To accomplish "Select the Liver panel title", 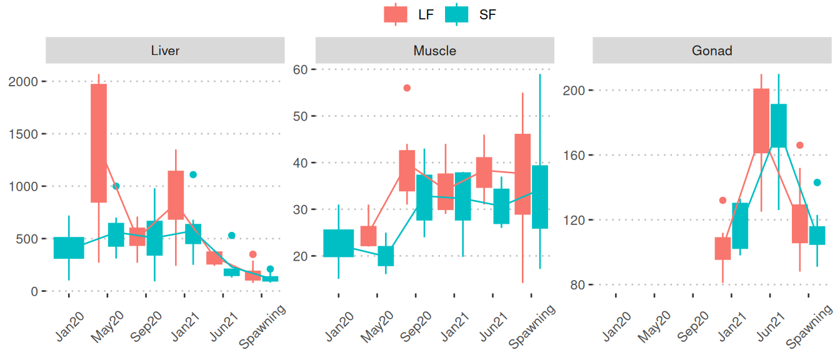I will [x=165, y=51].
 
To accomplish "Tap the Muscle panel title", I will [x=435, y=51].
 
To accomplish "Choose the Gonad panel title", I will [x=712, y=51].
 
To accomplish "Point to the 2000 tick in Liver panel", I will [x=23, y=81].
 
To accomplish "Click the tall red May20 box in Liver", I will [x=99, y=143].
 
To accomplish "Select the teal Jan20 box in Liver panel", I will [x=69, y=247].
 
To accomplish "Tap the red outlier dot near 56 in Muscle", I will [x=407, y=88].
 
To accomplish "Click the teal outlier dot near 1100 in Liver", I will [x=193, y=174].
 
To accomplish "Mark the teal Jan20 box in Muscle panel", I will [x=338, y=243].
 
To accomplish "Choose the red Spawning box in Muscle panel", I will [x=522, y=174].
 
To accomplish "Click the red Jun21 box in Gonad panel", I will [x=761, y=121].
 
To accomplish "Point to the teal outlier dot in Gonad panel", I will [x=817, y=182].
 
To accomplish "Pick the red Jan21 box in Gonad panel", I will [x=723, y=249].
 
